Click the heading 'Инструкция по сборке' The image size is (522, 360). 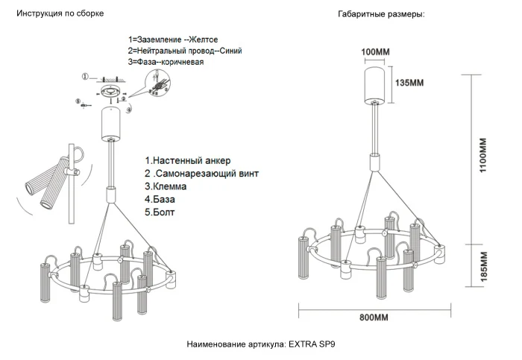click(60, 14)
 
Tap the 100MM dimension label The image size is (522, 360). click(376, 52)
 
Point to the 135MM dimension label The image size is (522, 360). click(409, 83)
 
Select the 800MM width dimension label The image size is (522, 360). click(374, 318)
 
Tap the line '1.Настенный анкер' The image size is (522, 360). click(188, 160)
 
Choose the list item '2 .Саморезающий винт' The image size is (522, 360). click(201, 173)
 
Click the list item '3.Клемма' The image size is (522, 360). click(166, 186)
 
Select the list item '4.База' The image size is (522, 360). click(161, 200)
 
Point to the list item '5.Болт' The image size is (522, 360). click(161, 212)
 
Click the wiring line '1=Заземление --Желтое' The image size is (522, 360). click(174, 39)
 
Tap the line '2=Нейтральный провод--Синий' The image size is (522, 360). click(184, 51)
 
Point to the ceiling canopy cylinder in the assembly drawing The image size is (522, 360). click(113, 123)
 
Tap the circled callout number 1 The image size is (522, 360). click(85, 76)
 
